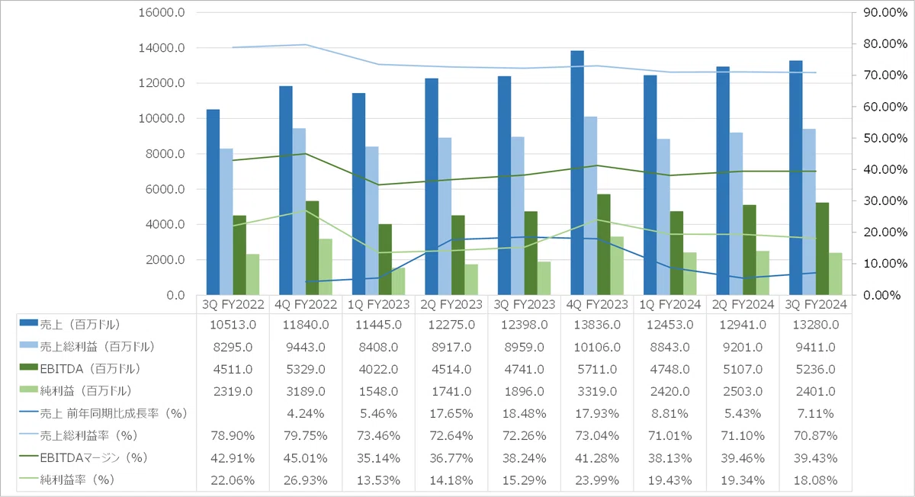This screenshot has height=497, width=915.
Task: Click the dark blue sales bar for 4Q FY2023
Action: pyautogui.click(x=577, y=173)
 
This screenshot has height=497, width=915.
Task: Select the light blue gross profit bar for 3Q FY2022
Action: pyautogui.click(x=226, y=222)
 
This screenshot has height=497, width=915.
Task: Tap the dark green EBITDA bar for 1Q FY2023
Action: pyautogui.click(x=385, y=259)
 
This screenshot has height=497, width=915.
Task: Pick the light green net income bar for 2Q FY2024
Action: pyautogui.click(x=762, y=273)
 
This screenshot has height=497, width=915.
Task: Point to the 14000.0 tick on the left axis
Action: pyautogui.click(x=162, y=48)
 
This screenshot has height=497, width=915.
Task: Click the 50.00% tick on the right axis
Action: pyautogui.click(x=885, y=138)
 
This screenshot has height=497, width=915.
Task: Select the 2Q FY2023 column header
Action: pyautogui.click(x=451, y=304)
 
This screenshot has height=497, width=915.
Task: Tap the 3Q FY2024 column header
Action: pyautogui.click(x=816, y=304)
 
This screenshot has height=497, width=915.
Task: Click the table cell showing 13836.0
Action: pyautogui.click(x=597, y=325)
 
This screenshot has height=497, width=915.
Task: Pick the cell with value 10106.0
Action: pyautogui.click(x=597, y=347)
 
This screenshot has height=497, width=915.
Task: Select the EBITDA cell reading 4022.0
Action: pyautogui.click(x=379, y=369)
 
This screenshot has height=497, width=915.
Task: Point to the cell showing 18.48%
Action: pyautogui.click(x=524, y=413)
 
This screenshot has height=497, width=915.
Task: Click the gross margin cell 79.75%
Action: pyautogui.click(x=306, y=436)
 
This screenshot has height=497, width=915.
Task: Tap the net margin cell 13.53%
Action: pyautogui.click(x=379, y=479)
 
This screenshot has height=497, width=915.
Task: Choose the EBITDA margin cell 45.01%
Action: pyautogui.click(x=306, y=458)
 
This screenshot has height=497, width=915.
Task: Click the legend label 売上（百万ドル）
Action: pyautogui.click(x=81, y=325)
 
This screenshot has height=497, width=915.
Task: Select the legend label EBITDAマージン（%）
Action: pyautogui.click(x=94, y=458)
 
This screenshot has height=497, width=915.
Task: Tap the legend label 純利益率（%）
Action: pyautogui.click(x=77, y=479)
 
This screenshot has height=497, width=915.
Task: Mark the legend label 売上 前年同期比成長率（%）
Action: pyautogui.click(x=114, y=413)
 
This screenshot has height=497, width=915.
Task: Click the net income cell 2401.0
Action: pyautogui.click(x=816, y=391)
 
